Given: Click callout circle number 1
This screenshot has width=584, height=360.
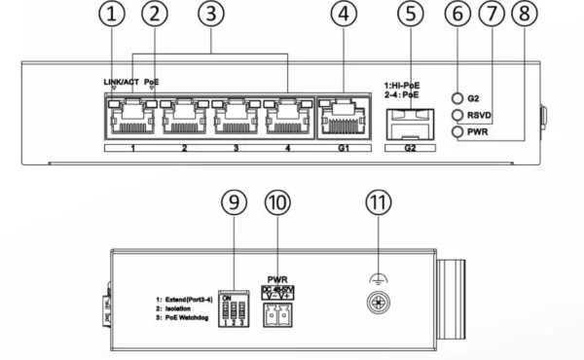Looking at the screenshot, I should click(x=115, y=15).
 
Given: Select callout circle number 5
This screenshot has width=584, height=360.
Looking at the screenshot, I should click(x=412, y=15).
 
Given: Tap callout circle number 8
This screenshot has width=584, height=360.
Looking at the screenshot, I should click(x=525, y=15).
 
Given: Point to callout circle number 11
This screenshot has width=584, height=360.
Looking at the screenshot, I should click(x=376, y=202).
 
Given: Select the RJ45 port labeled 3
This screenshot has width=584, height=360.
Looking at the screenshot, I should click(x=235, y=119).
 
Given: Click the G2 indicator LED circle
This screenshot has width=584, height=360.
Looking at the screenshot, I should click(x=456, y=98).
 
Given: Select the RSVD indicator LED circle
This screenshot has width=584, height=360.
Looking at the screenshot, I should click(x=456, y=114).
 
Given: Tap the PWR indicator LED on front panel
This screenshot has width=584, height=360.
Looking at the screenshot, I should click(x=456, y=130).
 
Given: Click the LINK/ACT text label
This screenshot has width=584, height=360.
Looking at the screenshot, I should click(x=122, y=82).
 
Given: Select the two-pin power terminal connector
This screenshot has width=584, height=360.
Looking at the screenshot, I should click(x=278, y=308).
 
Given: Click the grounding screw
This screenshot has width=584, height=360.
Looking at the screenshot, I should click(x=375, y=304).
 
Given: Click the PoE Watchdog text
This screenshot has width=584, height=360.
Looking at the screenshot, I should click(x=190, y=318).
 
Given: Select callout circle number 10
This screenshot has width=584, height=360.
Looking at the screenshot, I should click(x=277, y=202).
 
